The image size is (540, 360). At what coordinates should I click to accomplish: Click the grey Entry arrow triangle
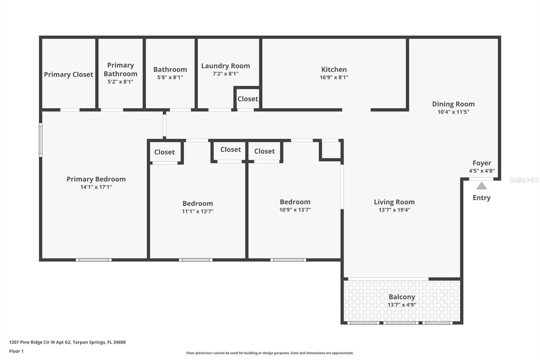click(x=482, y=186)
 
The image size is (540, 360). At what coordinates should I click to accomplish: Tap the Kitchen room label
click(x=334, y=69)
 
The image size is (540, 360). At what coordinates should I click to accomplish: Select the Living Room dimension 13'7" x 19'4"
click(x=394, y=210)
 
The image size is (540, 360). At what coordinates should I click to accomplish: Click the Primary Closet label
click(x=69, y=74)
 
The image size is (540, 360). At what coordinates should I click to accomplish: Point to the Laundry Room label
click(x=225, y=66)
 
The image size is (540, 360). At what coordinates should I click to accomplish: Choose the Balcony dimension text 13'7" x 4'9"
click(x=402, y=305)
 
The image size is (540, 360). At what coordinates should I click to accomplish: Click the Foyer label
click(x=482, y=163)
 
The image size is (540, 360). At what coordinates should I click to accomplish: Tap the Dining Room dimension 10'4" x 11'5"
click(x=453, y=112)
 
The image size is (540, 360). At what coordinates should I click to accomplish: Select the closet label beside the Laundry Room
click(x=248, y=99)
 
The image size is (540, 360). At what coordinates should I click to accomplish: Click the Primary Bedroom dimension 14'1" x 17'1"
click(x=96, y=187)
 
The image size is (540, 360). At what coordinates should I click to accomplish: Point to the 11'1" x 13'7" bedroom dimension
click(x=197, y=211)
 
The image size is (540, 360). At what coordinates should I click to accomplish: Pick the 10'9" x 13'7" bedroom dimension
click(x=295, y=210)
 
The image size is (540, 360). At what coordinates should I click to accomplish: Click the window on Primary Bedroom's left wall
click(x=40, y=140)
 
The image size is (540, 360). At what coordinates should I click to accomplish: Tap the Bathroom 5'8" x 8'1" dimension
click(x=170, y=77)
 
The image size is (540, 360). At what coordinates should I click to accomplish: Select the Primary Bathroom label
click(x=120, y=69)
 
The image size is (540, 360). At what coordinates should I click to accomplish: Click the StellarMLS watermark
click(x=524, y=180)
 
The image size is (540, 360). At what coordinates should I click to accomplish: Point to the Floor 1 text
click(x=16, y=351)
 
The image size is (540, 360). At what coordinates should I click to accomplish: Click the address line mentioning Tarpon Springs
click(x=67, y=342)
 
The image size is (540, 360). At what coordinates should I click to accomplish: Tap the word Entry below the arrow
click(x=482, y=198)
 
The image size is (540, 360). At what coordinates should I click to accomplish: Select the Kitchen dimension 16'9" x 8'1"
click(x=334, y=77)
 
